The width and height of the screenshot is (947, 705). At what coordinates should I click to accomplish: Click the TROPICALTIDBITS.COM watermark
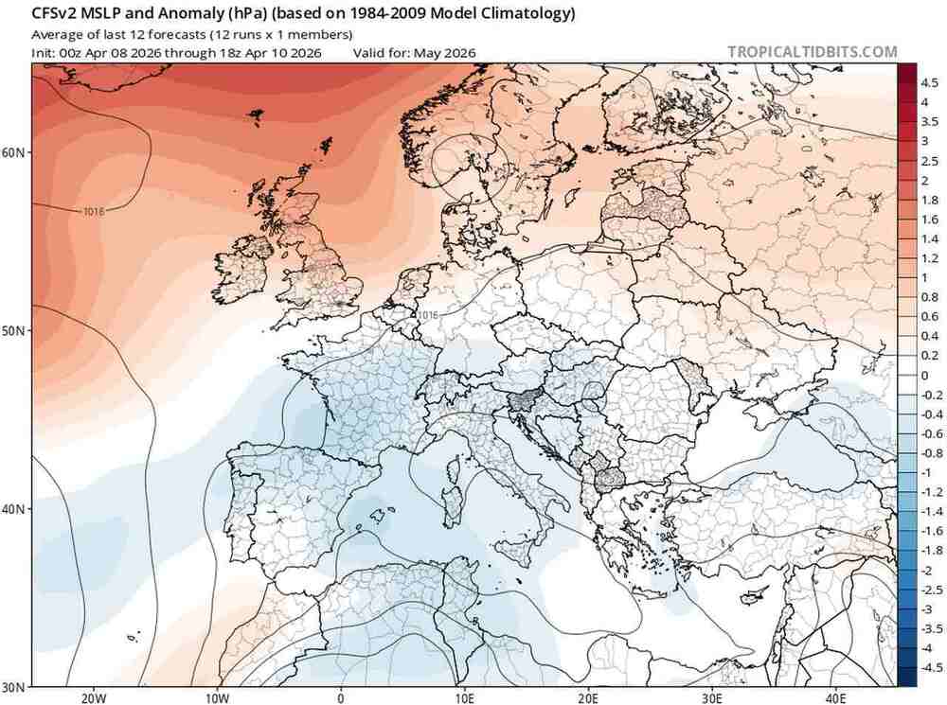coord(812,52)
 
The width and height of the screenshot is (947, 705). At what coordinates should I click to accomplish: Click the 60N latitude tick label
coord(16,152)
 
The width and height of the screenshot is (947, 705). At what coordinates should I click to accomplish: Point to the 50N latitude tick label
coord(16,330)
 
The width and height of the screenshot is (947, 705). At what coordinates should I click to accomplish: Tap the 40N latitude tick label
coord(16,508)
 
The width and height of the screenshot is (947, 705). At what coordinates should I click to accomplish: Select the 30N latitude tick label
coord(16,686)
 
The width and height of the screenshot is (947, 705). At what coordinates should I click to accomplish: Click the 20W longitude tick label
coord(92,697)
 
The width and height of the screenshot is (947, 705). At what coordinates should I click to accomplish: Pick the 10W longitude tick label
coord(216,697)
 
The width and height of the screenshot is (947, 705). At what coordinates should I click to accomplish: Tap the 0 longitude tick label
coord(340,697)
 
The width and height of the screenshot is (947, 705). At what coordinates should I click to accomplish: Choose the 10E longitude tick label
coord(464,697)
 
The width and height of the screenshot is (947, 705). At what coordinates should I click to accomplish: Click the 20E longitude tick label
coord(588,697)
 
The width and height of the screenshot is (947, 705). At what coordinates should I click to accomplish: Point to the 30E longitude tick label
coord(712,697)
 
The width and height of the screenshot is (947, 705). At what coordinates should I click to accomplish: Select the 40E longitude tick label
coord(836,697)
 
